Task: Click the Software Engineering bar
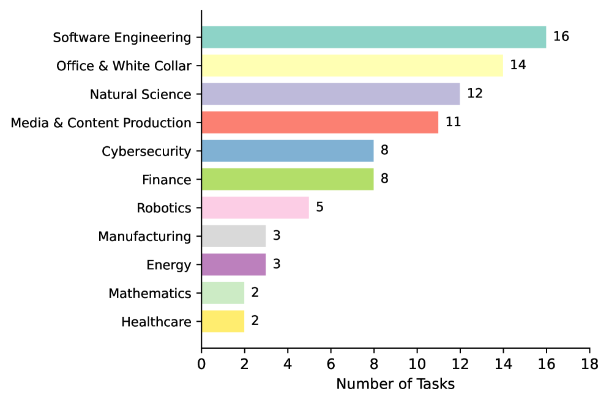pyautogui.click(x=373, y=37)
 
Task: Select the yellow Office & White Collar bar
pyautogui.click(x=352, y=65)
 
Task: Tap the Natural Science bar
pyautogui.click(x=331, y=94)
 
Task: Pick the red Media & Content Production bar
pyautogui.click(x=319, y=122)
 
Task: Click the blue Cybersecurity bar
pyautogui.click(x=287, y=151)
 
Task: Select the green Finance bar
pyautogui.click(x=287, y=179)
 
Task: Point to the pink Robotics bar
pyautogui.click(x=255, y=208)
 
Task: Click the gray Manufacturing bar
pyautogui.click(x=233, y=236)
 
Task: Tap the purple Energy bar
pyautogui.click(x=233, y=265)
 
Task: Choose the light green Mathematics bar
pyautogui.click(x=223, y=293)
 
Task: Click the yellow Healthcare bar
pyautogui.click(x=223, y=321)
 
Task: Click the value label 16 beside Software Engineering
pyautogui.click(x=561, y=37)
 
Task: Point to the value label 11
pyautogui.click(x=453, y=122)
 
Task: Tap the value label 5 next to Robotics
pyautogui.click(x=319, y=207)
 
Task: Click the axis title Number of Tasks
pyautogui.click(x=395, y=384)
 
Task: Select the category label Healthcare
pyautogui.click(x=156, y=322)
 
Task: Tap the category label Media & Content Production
pyautogui.click(x=101, y=123)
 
